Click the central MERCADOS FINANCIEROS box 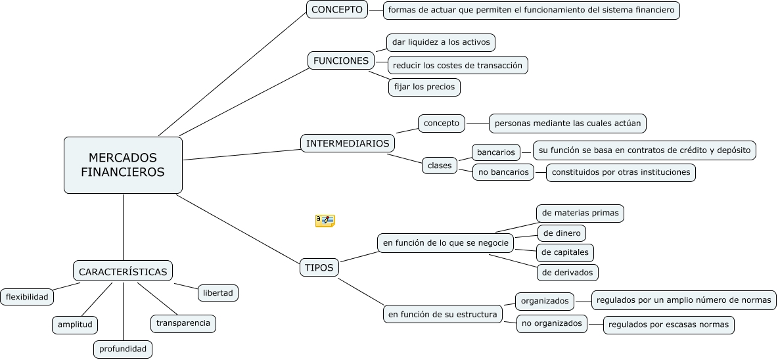[123, 165]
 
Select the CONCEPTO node [336, 9]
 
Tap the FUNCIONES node [340, 60]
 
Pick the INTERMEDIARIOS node [348, 143]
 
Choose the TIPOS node [319, 268]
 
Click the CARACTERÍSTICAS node [122, 271]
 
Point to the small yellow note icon [325, 221]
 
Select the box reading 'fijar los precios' [424, 87]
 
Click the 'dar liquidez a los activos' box [440, 43]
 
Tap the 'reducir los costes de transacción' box [457, 65]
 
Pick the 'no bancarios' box [503, 172]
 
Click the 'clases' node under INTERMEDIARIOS [440, 166]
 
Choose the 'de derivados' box [568, 272]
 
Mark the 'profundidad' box [123, 349]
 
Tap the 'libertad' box [217, 293]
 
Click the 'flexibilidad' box [28, 297]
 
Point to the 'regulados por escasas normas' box [668, 325]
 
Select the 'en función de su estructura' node [442, 314]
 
